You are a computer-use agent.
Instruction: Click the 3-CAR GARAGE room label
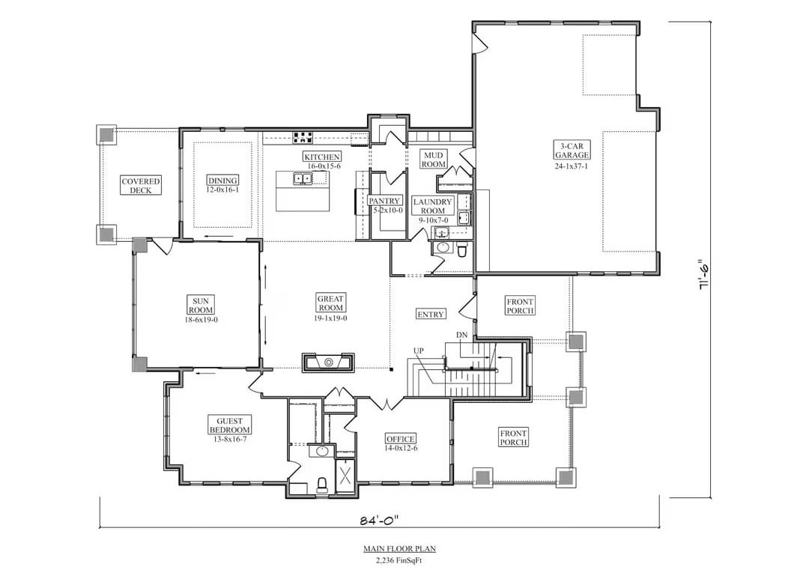[572, 150]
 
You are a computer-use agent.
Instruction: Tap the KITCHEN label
[322, 157]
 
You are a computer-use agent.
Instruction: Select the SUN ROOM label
[200, 304]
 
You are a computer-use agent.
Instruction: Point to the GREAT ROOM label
[330, 303]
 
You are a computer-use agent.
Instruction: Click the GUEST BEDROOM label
[230, 425]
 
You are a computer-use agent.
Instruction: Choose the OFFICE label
[400, 438]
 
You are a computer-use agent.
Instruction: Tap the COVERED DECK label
[141, 185]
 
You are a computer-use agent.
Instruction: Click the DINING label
[222, 180]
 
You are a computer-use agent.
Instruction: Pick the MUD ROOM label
[433, 159]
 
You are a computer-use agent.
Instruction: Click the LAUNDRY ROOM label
[432, 206]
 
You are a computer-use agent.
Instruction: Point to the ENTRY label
[430, 314]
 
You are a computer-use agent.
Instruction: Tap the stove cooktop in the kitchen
[303, 137]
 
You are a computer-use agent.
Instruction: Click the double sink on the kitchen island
[303, 178]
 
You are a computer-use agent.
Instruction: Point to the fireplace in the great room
[328, 363]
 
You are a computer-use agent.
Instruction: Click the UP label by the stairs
[418, 351]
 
